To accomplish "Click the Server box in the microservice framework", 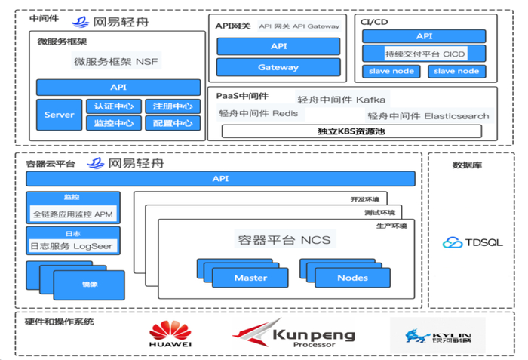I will coord(59,115).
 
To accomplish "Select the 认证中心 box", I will coord(114,106).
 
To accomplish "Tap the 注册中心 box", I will coord(172,106).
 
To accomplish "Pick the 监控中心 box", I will coord(114,123).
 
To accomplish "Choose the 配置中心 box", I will coord(172,123).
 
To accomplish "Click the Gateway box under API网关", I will coord(278,67).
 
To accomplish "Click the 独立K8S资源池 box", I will coord(351,131).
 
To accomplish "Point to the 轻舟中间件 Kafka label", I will coord(342,99).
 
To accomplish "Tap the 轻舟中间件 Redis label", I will coord(258,114).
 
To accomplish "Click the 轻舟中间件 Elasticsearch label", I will coord(428,116).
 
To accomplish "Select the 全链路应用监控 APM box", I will coord(72,214).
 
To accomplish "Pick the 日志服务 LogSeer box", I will coord(72,246).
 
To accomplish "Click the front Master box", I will coord(250,278).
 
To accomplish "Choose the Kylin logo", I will coord(437,334).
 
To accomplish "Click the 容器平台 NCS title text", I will coord(284,240).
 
